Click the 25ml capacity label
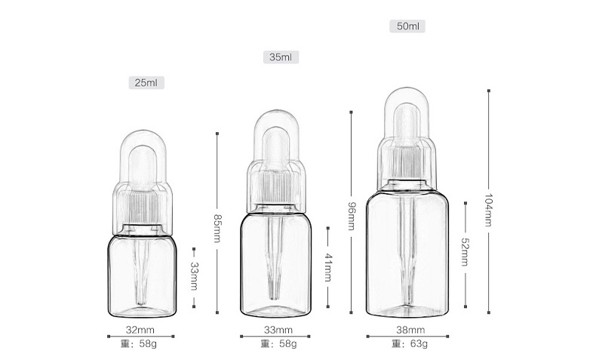pyautogui.click(x=146, y=82)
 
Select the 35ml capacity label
pyautogui.click(x=281, y=57)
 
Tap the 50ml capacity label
pyautogui.click(x=407, y=26)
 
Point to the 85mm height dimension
pyautogui.click(x=217, y=228)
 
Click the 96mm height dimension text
pyautogui.click(x=352, y=217)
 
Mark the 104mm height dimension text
pyautogui.click(x=488, y=211)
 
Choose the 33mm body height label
pyautogui.click(x=194, y=276)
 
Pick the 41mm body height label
pyautogui.click(x=328, y=267)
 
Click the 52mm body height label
pyautogui.click(x=465, y=252)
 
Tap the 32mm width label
pyautogui.click(x=140, y=330)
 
